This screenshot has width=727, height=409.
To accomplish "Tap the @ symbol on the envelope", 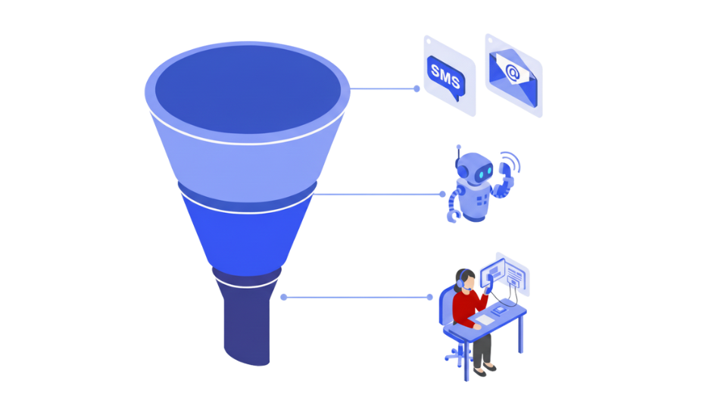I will (513, 73).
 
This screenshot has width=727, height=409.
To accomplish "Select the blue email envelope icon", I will (513, 74).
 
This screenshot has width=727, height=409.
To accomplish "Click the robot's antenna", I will (457, 155).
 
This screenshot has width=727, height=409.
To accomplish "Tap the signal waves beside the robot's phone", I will (515, 161).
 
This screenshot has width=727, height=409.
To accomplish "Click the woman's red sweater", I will (463, 307).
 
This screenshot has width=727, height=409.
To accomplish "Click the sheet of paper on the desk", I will (483, 321).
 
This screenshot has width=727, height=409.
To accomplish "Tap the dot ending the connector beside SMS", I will (417, 89).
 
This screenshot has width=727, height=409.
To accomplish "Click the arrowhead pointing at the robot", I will (444, 195).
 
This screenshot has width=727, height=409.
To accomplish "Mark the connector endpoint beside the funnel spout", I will (282, 298).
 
